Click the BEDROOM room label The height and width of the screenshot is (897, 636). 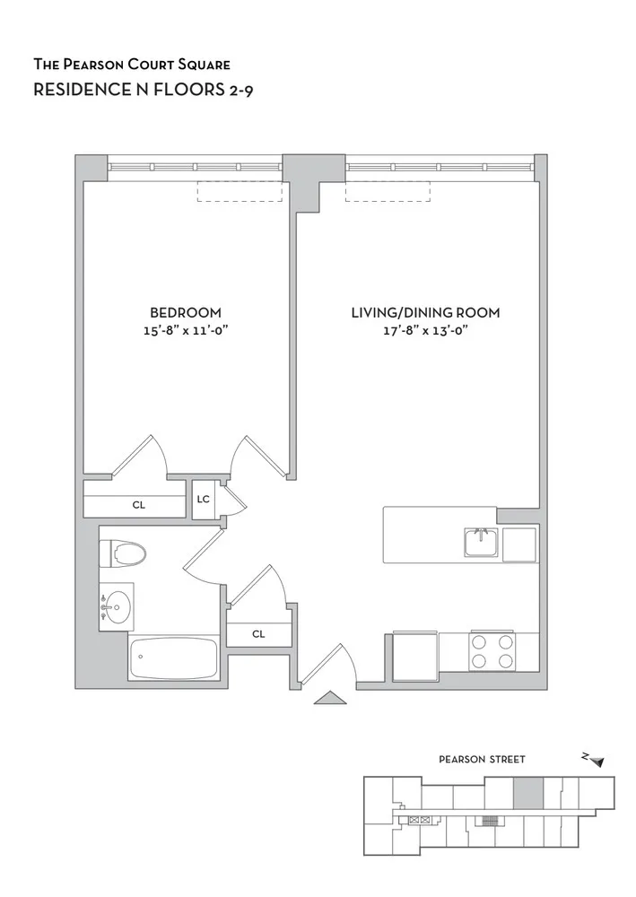(185, 312)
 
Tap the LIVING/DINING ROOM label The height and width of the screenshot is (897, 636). (424, 312)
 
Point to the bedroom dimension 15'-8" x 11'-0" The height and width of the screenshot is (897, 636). (185, 330)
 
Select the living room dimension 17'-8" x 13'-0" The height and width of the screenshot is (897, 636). (424, 330)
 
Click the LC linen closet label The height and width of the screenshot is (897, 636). (204, 500)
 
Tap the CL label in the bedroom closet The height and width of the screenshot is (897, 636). (138, 505)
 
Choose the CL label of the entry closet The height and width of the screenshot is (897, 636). (258, 633)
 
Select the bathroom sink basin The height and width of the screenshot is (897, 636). (115, 607)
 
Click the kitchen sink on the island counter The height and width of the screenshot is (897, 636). (482, 543)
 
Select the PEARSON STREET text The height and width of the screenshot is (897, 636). (482, 759)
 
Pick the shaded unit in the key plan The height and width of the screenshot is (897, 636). (527, 793)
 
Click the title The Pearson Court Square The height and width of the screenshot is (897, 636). (132, 65)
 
